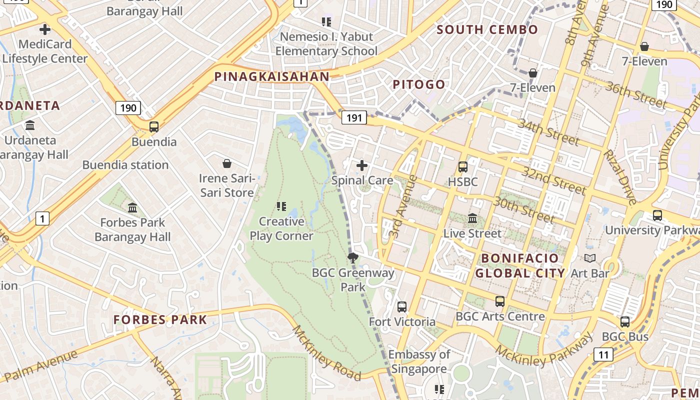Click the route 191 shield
pyautogui.click(x=354, y=118)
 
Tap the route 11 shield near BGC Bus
pyautogui.click(x=603, y=354)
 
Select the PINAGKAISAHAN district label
pyautogui.click(x=272, y=76)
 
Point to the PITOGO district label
pyautogui.click(x=419, y=84)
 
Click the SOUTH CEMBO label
pyautogui.click(x=487, y=29)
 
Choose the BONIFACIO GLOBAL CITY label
pyautogui.click(x=520, y=265)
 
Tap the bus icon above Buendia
pyautogui.click(x=154, y=126)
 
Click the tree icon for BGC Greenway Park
pyautogui.click(x=353, y=258)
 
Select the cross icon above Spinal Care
pyautogui.click(x=362, y=165)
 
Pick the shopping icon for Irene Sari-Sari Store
pyautogui.click(x=227, y=163)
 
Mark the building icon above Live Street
pyautogui.click(x=472, y=218)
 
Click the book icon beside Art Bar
pyautogui.click(x=590, y=258)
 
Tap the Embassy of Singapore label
pyautogui.click(x=419, y=361)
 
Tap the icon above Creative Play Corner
pyautogui.click(x=281, y=206)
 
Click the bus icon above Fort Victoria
pyautogui.click(x=402, y=306)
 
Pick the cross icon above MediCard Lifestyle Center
pyautogui.click(x=45, y=29)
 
